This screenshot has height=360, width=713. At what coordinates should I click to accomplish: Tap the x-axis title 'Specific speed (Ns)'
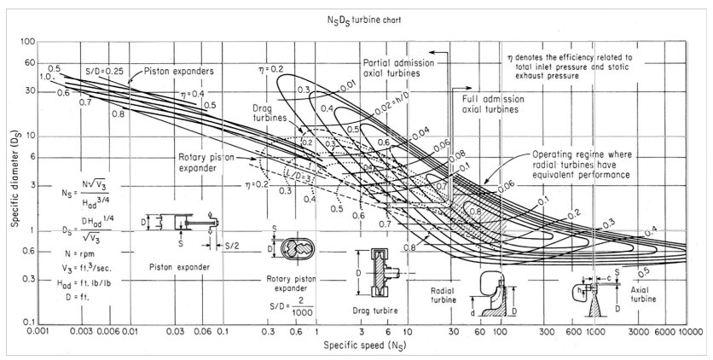[356, 347]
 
